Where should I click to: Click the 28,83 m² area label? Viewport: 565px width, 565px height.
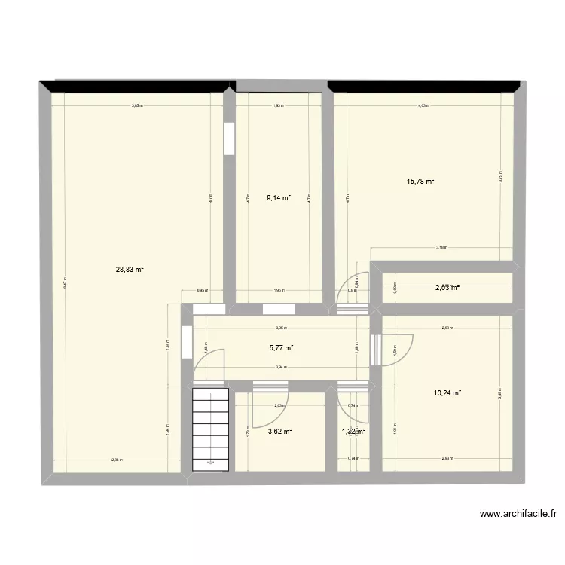tap(130, 269)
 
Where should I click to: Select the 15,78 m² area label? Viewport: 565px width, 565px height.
tap(420, 181)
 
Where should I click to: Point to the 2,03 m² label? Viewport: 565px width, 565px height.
tap(447, 287)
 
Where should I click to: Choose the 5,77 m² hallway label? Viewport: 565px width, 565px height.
tap(281, 347)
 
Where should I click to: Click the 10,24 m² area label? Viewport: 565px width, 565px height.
tap(447, 392)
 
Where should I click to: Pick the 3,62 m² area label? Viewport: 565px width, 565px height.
tap(279, 432)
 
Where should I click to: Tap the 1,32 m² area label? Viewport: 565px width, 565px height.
tap(354, 432)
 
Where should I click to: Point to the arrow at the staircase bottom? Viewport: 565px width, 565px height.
tap(210, 462)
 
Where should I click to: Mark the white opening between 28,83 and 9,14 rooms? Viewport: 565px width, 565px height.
tap(228, 136)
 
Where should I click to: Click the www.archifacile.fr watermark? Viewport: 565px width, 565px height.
tap(518, 515)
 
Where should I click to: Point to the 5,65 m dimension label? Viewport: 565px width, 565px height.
tap(137, 106)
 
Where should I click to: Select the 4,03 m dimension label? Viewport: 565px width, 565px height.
tap(423, 106)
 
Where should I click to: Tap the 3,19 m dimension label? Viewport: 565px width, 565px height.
tap(441, 247)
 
